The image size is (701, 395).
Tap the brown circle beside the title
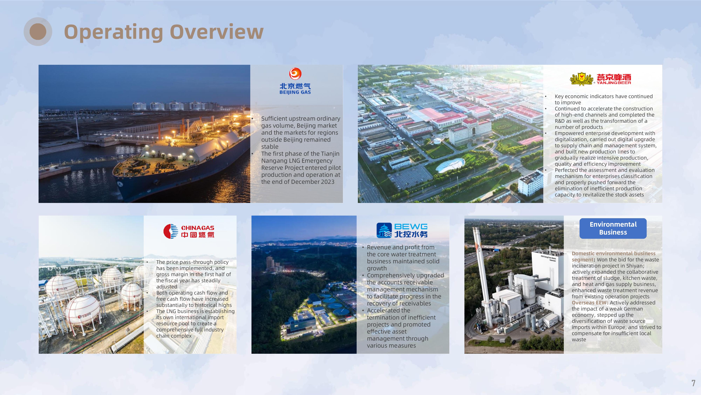coord(38,32)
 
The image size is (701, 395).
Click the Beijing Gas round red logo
coord(295,74)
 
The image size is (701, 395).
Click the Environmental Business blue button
coord(613,228)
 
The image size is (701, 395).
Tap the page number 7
coord(693,383)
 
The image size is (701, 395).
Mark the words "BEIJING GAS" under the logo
coord(295,92)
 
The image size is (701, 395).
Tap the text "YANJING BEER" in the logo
coord(614,83)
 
